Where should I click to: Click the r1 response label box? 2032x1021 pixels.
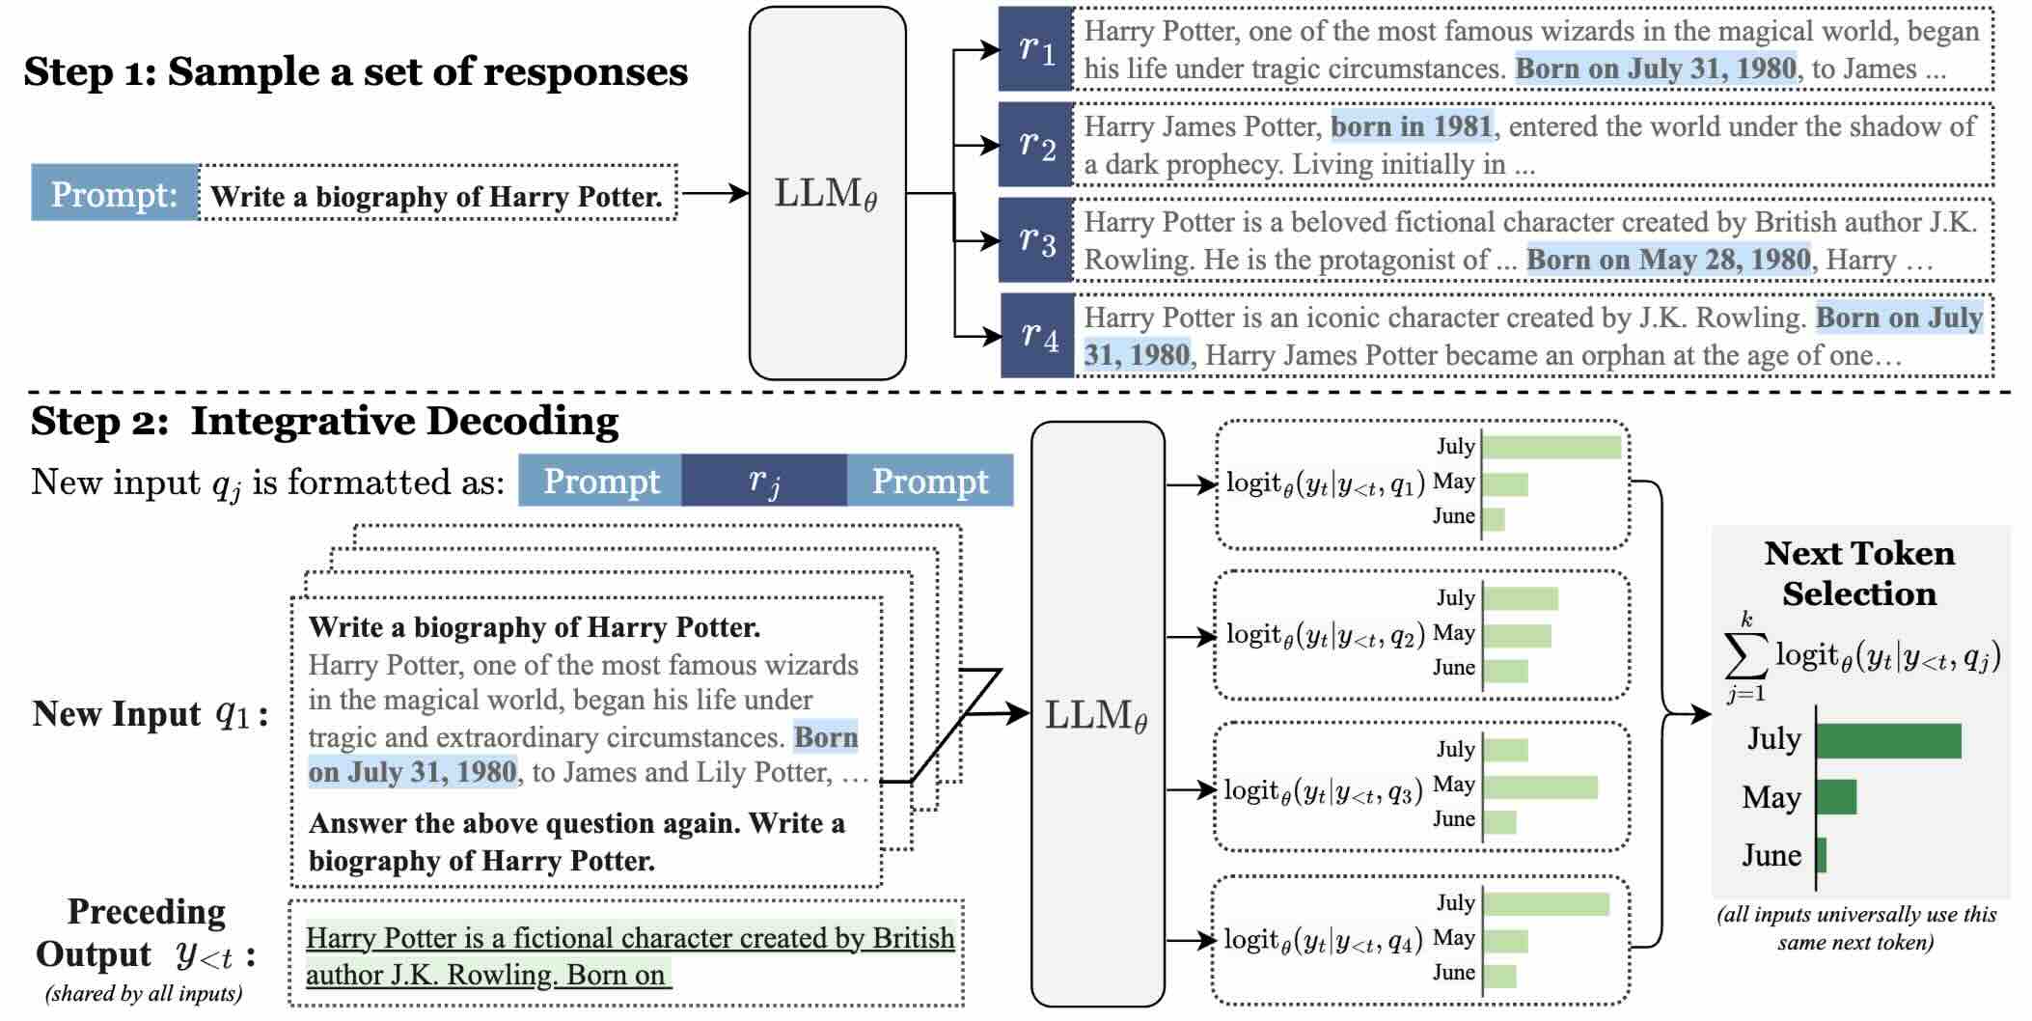[x=1035, y=49]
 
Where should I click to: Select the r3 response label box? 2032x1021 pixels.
[x=1035, y=240]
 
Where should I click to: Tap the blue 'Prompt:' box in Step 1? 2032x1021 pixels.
[x=115, y=193]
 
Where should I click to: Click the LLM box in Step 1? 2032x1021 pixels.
[x=827, y=193]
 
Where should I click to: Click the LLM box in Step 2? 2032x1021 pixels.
[x=1097, y=714]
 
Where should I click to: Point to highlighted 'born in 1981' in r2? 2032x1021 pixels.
[x=1412, y=126]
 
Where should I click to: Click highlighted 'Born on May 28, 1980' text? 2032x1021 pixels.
[x=1668, y=260]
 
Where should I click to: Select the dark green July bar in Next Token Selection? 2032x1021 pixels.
[x=1888, y=740]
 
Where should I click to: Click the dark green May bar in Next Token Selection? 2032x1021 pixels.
[x=1836, y=797]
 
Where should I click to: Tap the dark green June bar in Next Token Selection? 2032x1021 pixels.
[x=1822, y=855]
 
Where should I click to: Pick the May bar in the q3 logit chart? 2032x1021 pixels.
[x=1541, y=786]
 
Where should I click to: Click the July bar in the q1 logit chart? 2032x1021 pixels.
[x=1551, y=447]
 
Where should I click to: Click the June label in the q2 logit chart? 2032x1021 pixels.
[x=1453, y=668]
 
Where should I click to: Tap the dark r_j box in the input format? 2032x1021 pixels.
[x=764, y=481]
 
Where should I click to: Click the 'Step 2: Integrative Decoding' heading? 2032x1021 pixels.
[x=324, y=422]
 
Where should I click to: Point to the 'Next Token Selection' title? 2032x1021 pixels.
[x=1859, y=572]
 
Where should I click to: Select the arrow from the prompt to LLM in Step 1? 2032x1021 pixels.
[x=714, y=193]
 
